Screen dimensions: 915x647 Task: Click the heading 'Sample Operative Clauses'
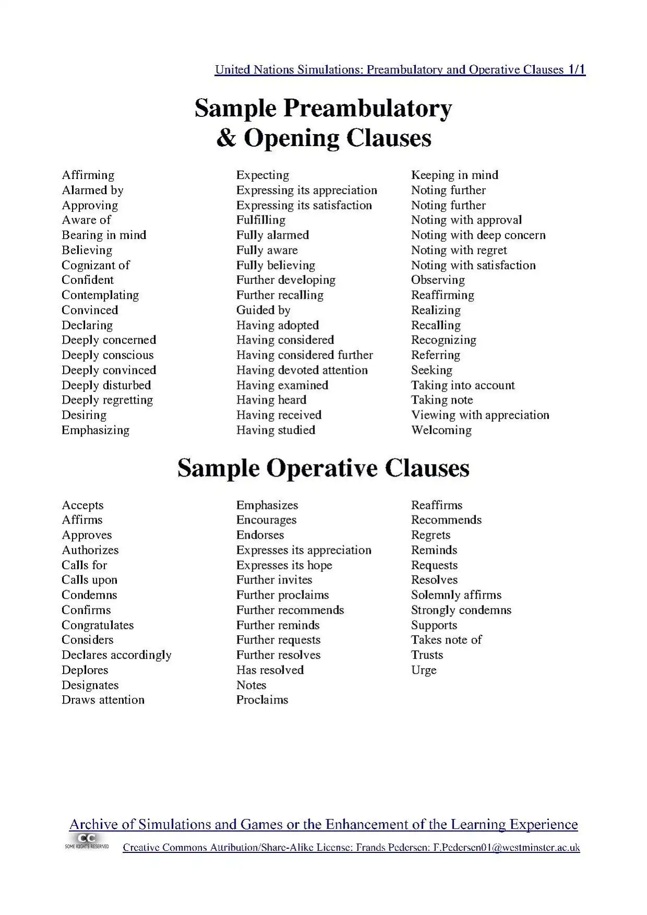coord(323,468)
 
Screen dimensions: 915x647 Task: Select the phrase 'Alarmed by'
coord(92,190)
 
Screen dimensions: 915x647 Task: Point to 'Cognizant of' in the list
coord(96,265)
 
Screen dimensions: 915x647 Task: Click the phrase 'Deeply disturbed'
coord(106,385)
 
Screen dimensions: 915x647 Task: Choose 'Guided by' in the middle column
coord(263,310)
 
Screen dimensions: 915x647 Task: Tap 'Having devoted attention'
coord(302,370)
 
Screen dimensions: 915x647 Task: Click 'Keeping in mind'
coord(454,175)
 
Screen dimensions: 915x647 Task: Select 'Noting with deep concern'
coord(478,235)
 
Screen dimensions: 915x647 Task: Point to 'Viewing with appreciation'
coord(480,415)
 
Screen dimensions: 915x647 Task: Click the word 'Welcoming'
coord(441,430)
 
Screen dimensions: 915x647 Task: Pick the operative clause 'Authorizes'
coord(90,550)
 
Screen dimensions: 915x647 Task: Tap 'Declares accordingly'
coord(116,655)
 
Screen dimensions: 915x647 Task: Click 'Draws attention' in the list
coord(103,700)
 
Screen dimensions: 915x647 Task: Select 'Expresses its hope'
coord(284,565)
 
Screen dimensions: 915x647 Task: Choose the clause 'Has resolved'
coord(270,670)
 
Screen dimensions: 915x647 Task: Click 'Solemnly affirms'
coord(456,595)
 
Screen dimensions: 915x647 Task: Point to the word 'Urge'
coord(424,670)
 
